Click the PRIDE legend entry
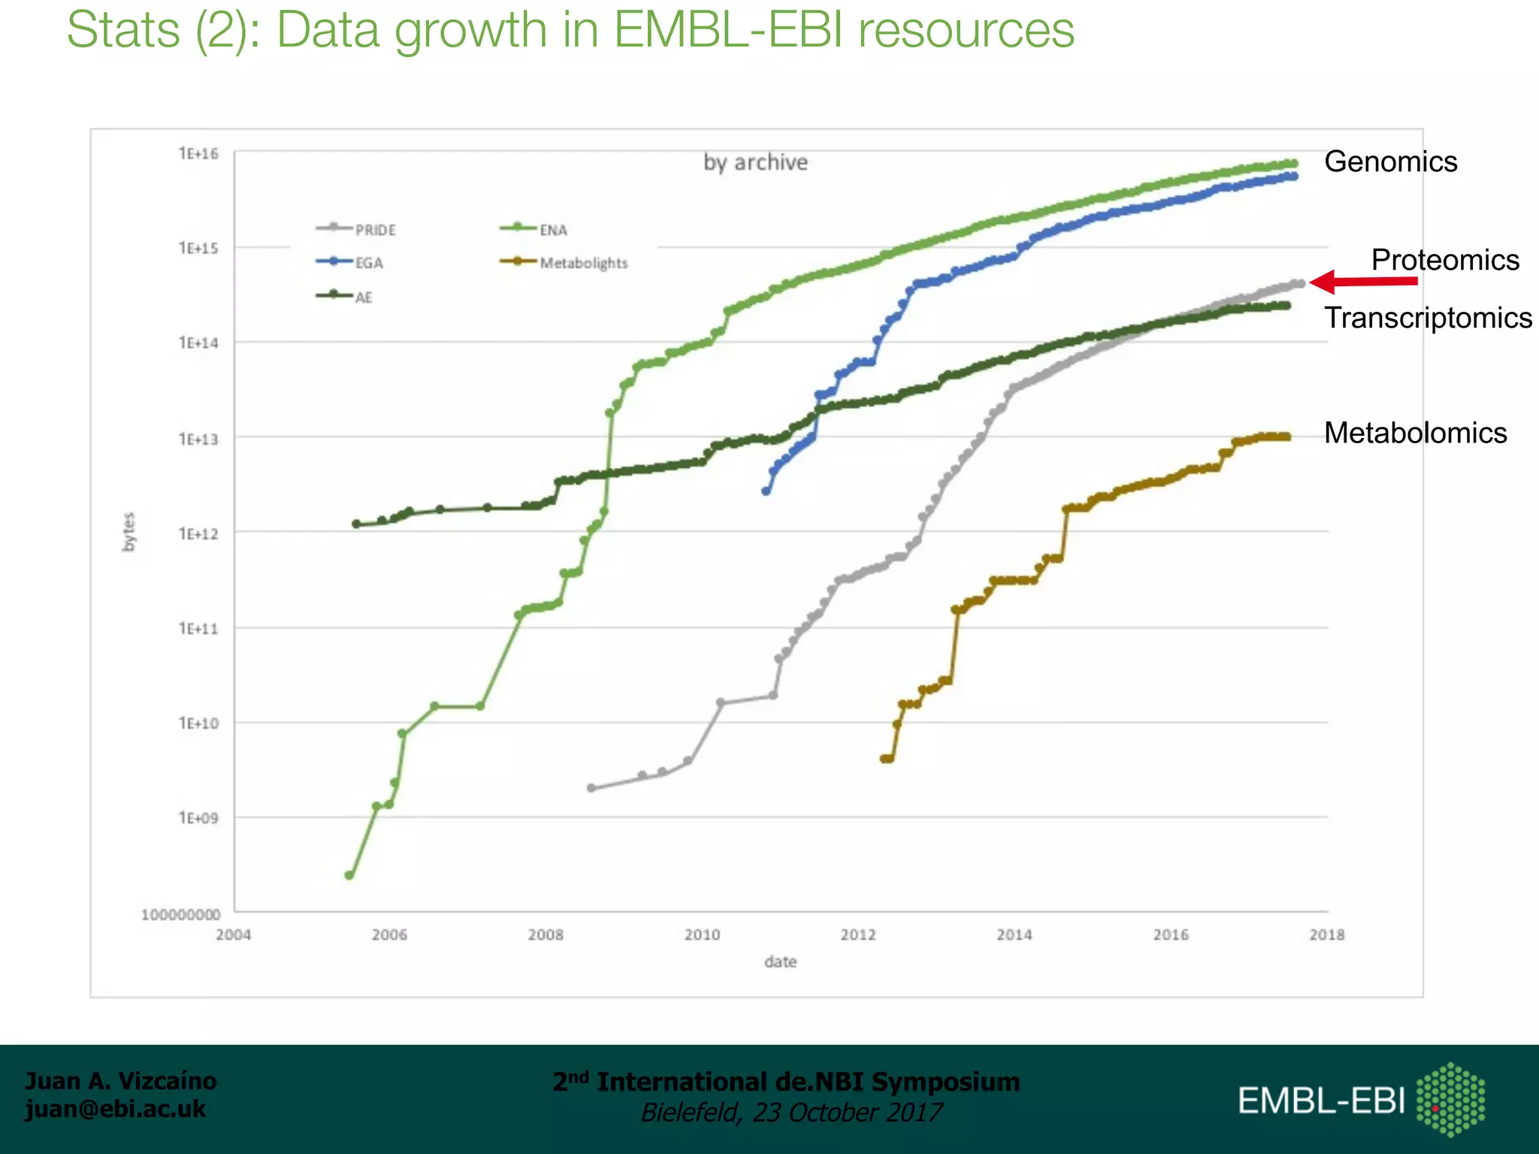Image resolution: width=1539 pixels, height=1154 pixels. pos(356,229)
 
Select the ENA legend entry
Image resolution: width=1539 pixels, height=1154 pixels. pos(535,229)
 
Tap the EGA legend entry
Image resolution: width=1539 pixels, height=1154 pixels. pos(350,263)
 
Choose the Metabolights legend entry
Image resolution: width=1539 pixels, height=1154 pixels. pos(564,263)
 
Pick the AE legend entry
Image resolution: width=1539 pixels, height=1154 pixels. pos(345,297)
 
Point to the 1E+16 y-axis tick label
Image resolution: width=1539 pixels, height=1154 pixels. pos(198,154)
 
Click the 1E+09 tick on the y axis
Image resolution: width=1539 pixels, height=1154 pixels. pos(198,817)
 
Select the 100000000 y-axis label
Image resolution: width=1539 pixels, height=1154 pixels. pos(181,914)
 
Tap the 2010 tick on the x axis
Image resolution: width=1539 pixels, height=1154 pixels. pos(702,935)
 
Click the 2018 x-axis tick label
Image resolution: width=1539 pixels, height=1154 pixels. pos(1327,935)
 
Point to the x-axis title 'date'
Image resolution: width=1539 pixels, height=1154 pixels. pos(780,962)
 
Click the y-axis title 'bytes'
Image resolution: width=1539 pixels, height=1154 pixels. pos(129,532)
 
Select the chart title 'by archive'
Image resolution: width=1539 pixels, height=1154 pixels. pos(755,162)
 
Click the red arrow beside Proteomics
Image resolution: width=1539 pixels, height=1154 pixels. pos(1362,282)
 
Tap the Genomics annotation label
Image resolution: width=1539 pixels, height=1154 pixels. pos(1390,162)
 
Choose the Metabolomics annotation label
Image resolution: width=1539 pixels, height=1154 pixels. pos(1415,433)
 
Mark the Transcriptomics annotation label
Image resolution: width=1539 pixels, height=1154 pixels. pos(1428,318)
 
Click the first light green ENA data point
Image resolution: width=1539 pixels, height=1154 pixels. pos(349,875)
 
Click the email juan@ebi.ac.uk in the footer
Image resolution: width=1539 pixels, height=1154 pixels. pos(115,1109)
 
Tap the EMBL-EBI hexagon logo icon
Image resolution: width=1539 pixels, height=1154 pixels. pos(1450,1099)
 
